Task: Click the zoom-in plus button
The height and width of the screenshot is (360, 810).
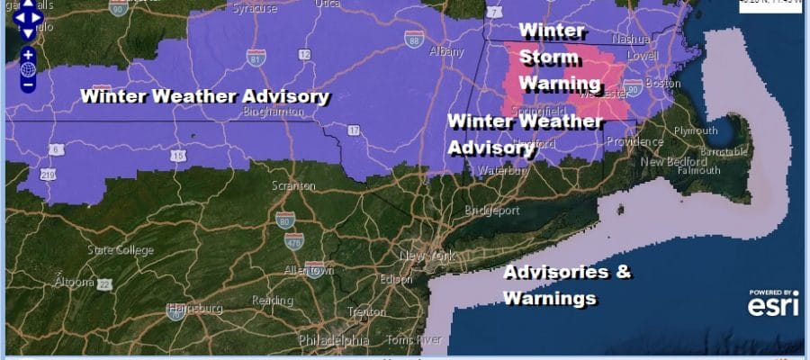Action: [x=28, y=53]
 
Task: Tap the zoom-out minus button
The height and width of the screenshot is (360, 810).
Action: [x=28, y=84]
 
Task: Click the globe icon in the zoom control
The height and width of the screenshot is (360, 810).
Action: [x=28, y=68]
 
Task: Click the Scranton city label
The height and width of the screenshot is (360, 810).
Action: [x=293, y=186]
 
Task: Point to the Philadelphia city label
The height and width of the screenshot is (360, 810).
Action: [x=335, y=341]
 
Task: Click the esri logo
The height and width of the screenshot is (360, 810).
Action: [x=773, y=305]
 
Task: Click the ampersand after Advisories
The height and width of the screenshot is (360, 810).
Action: [x=623, y=271]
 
